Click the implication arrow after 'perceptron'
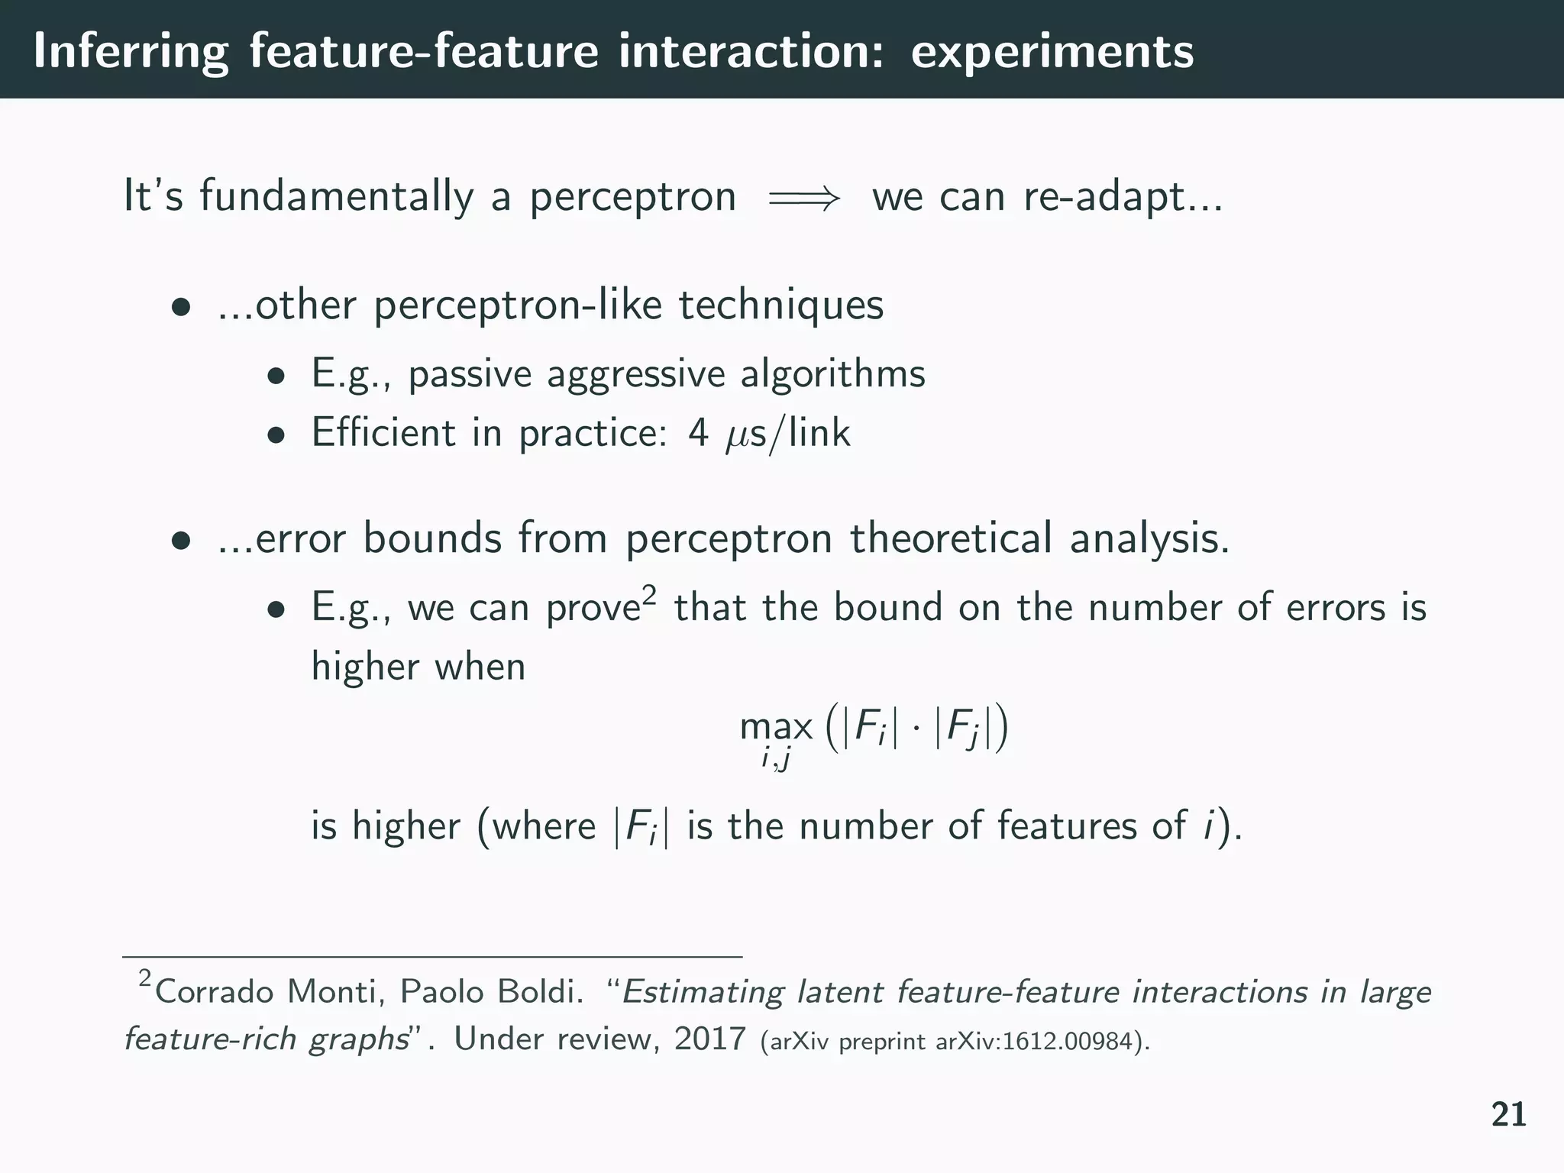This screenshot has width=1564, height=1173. point(803,199)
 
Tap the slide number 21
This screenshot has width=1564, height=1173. point(1509,1115)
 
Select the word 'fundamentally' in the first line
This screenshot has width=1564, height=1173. point(336,196)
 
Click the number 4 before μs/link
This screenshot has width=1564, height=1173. point(698,432)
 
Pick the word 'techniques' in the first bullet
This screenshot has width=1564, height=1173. point(780,305)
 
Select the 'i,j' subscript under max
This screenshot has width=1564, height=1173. point(775,758)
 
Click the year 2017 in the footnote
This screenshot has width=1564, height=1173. point(709,1039)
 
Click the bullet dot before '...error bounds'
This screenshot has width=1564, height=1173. point(180,541)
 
